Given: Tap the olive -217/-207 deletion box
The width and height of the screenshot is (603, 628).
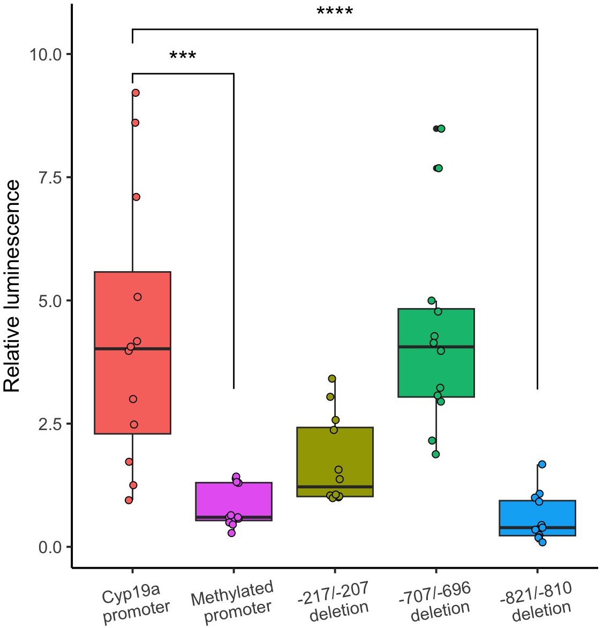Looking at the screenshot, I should [x=335, y=460].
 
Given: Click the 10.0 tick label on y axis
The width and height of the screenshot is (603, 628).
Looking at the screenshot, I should [x=46, y=55].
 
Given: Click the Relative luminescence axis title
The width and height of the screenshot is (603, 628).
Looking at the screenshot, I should [x=12, y=286].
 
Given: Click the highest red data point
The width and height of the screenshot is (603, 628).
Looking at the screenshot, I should [x=135, y=93].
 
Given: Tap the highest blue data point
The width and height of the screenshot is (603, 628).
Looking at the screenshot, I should [x=542, y=464].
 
